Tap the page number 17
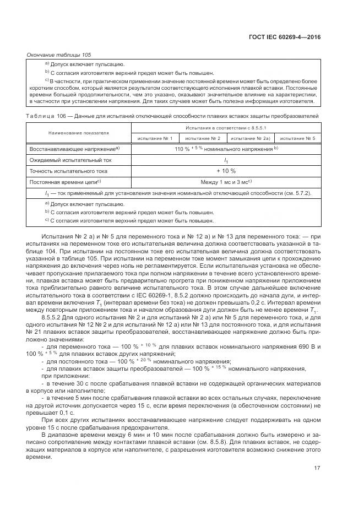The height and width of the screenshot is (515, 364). point(317,469)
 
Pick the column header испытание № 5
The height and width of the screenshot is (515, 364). point(298,138)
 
